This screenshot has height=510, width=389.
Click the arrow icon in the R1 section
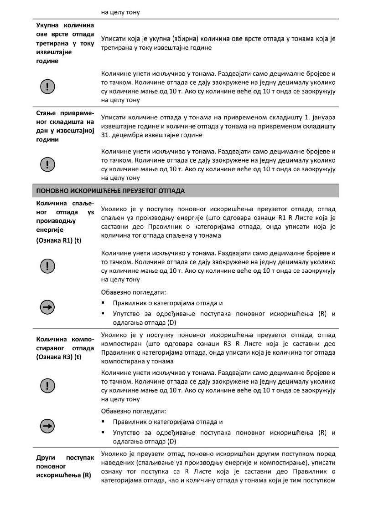(47, 308)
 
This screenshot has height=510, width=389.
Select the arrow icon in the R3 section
(47, 427)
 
